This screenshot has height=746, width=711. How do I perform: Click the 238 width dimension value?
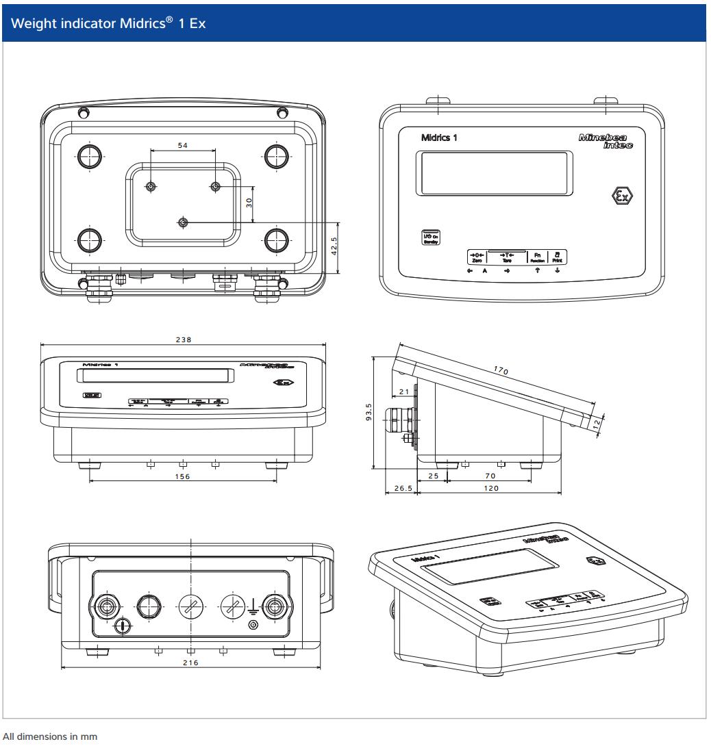[183, 339]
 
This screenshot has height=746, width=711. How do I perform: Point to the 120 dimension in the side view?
[488, 488]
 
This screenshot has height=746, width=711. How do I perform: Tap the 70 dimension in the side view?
[488, 474]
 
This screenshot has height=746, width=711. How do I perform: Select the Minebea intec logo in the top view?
[606, 142]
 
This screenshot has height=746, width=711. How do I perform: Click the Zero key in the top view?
[476, 257]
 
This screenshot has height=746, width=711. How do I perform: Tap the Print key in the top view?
[558, 257]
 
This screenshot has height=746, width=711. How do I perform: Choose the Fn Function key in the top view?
[537, 257]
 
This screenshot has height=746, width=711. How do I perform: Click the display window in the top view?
[494, 172]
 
